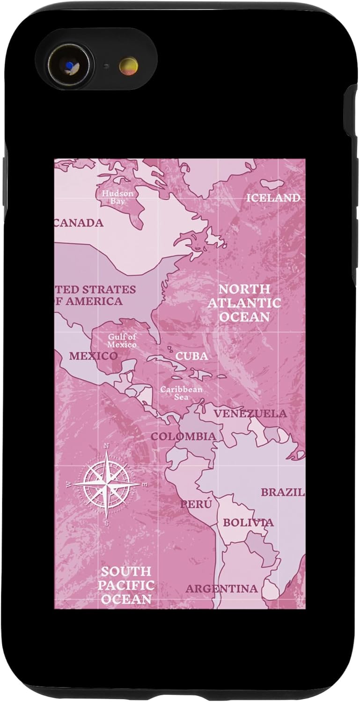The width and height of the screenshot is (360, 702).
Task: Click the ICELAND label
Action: (x=273, y=198)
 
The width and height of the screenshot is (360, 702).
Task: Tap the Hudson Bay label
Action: (x=118, y=197)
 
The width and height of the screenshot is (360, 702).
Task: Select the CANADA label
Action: (x=79, y=223)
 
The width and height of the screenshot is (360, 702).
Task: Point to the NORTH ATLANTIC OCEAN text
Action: (x=244, y=303)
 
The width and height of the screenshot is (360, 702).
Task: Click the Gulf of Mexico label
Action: (x=122, y=341)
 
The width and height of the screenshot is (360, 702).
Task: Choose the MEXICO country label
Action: (x=94, y=356)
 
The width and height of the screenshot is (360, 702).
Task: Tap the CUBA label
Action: (x=191, y=356)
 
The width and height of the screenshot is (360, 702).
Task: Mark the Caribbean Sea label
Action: (x=181, y=393)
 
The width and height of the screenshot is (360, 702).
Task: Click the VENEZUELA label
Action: (x=250, y=414)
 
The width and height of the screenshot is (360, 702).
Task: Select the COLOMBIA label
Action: (x=183, y=437)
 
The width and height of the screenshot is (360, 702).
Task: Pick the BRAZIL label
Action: (x=282, y=492)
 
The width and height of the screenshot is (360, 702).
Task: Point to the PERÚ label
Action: (x=196, y=505)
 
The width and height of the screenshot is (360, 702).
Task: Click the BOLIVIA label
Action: (x=248, y=523)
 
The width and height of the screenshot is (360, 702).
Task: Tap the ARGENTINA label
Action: (x=221, y=589)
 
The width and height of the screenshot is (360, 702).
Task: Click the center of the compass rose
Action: (x=107, y=484)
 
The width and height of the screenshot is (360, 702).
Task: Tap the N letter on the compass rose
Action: (x=107, y=446)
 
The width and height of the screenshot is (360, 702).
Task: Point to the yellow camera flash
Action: (x=128, y=66)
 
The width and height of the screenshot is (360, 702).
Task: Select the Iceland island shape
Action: (x=272, y=184)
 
